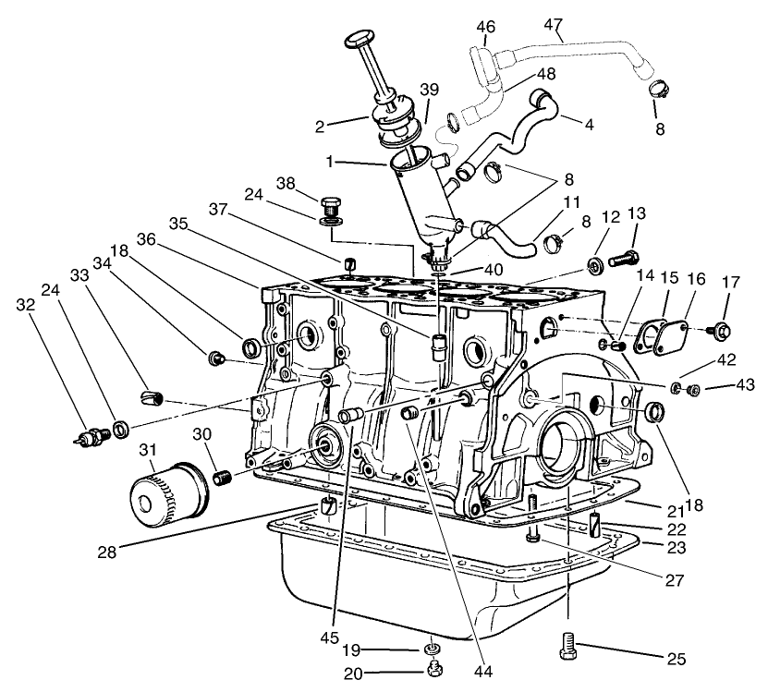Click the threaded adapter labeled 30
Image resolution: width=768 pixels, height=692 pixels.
click(221, 477)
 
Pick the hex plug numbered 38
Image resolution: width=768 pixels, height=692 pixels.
click(331, 202)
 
